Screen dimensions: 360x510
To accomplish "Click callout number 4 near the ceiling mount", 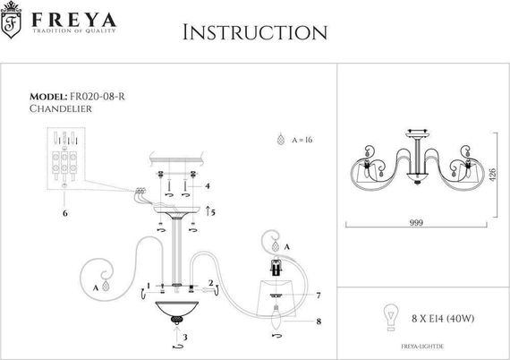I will [x=208, y=185].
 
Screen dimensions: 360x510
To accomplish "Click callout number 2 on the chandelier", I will [x=209, y=284].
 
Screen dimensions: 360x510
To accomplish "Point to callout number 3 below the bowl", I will [x=183, y=338].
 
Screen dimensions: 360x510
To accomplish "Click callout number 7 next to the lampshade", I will [x=318, y=295].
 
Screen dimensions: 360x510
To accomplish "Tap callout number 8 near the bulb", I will [x=319, y=320].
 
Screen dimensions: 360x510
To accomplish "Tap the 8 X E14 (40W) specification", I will [x=436, y=316].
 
